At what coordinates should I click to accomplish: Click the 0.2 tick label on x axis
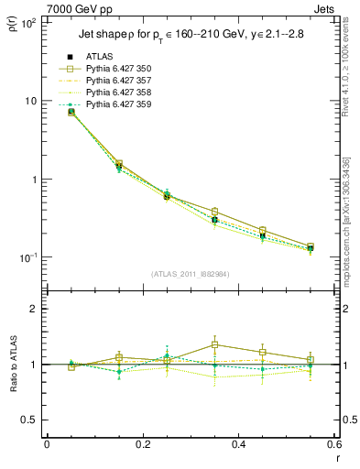(142, 444)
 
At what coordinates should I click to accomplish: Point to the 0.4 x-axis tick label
(237, 444)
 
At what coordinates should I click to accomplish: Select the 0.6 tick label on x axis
(332, 444)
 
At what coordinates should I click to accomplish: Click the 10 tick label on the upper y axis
(31, 101)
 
